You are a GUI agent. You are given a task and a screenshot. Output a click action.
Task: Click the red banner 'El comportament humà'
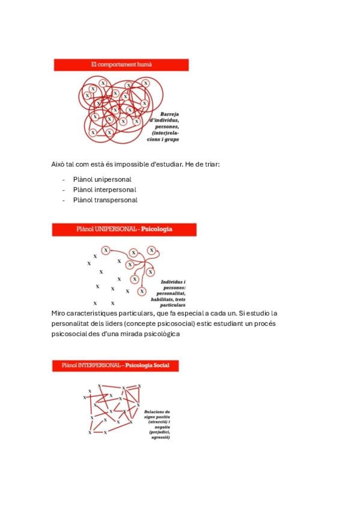(x=121, y=65)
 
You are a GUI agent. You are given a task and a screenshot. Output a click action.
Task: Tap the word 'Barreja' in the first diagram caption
(x=169, y=114)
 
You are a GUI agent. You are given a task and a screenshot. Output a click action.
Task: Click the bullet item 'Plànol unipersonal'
(x=102, y=180)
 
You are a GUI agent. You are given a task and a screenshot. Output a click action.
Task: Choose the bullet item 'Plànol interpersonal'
(x=105, y=189)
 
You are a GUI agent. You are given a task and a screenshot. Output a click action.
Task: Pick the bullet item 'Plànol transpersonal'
(x=105, y=200)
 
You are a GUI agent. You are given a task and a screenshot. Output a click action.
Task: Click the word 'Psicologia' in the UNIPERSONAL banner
(x=157, y=229)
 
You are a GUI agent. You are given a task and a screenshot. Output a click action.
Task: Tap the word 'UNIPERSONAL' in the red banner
(x=115, y=229)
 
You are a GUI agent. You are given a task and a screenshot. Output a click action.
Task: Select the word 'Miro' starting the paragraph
(x=58, y=313)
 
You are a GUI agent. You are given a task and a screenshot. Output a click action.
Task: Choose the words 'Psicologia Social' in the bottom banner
(x=147, y=365)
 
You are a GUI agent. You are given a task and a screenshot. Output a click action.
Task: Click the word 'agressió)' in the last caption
(x=161, y=438)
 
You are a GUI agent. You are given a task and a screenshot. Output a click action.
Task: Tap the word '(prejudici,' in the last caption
(x=159, y=432)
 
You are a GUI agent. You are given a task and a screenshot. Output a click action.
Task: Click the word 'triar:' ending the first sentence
(x=212, y=164)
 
